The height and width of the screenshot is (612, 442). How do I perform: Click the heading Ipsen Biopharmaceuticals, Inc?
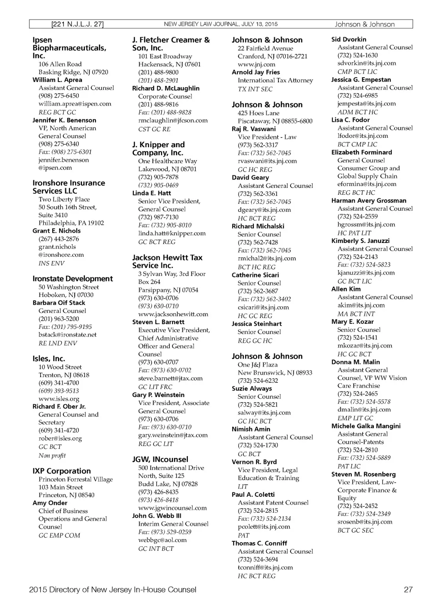(69, 48)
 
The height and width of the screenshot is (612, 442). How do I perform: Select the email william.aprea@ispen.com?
(75, 104)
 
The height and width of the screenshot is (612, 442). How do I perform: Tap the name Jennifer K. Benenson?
(64, 120)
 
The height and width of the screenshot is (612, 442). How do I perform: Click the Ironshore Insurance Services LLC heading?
(69, 187)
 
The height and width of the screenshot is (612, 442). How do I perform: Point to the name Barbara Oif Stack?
(59, 303)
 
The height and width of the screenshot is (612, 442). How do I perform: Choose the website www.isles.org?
(59, 399)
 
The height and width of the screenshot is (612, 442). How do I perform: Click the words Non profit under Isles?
(52, 456)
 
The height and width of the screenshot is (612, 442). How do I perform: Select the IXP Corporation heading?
(62, 471)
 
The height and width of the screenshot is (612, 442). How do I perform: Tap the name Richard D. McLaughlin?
(166, 88)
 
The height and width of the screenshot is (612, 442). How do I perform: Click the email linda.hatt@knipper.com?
(172, 233)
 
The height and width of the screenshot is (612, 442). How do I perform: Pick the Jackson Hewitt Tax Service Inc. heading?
(167, 262)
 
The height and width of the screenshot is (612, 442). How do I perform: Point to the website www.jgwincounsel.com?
(172, 508)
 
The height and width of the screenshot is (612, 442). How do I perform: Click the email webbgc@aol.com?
(162, 540)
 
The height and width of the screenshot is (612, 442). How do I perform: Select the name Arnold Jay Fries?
(256, 73)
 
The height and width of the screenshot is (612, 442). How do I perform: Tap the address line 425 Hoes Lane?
(259, 113)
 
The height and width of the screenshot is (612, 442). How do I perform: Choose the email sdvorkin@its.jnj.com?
(366, 63)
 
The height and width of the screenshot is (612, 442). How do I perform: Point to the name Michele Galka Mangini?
(366, 426)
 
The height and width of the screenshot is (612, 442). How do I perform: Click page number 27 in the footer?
(408, 590)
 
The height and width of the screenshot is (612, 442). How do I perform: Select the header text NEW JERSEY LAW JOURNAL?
(201, 24)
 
